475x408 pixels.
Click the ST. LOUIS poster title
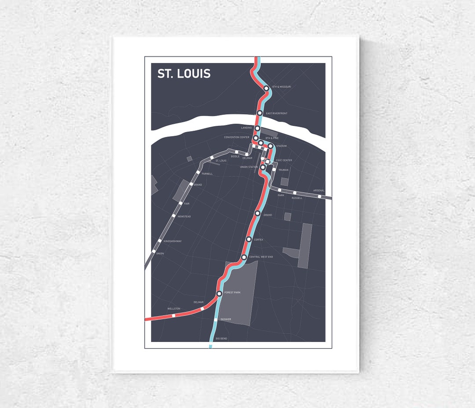(x=184, y=74)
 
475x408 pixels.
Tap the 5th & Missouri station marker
(x=266, y=88)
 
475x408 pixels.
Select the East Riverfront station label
(x=277, y=114)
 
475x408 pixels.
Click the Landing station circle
(x=257, y=129)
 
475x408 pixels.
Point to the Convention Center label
(x=237, y=137)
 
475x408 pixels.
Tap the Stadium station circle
(x=270, y=146)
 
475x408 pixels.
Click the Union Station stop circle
(x=263, y=167)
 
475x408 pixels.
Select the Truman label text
(x=283, y=170)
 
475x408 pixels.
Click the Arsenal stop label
(x=318, y=191)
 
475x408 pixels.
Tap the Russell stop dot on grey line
(x=295, y=193)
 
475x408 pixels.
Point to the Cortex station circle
(x=248, y=239)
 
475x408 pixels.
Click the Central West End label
(x=261, y=257)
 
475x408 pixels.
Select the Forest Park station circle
(x=219, y=293)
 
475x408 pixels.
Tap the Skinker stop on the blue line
(x=216, y=319)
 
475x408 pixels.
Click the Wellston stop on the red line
(x=173, y=315)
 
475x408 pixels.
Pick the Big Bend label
(x=221, y=338)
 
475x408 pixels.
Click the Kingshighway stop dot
(x=160, y=241)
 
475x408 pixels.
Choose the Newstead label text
(x=184, y=217)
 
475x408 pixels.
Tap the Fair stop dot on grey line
(x=180, y=203)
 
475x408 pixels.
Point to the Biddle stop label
(x=235, y=156)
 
